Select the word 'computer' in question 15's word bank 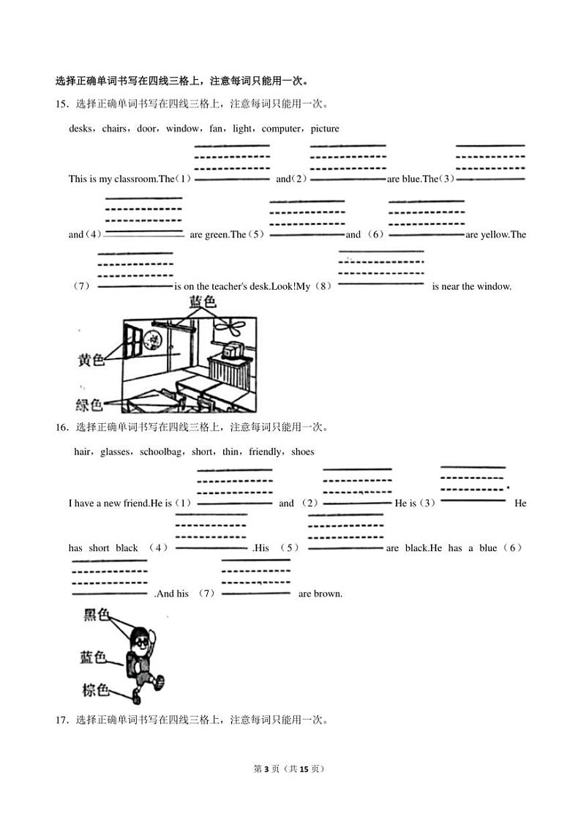[280, 129]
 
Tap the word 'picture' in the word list [324, 129]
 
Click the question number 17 [61, 720]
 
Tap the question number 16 [61, 427]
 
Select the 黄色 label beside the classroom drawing [92, 359]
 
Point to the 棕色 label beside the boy [95, 690]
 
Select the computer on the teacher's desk [233, 351]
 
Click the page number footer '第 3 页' [266, 769]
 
